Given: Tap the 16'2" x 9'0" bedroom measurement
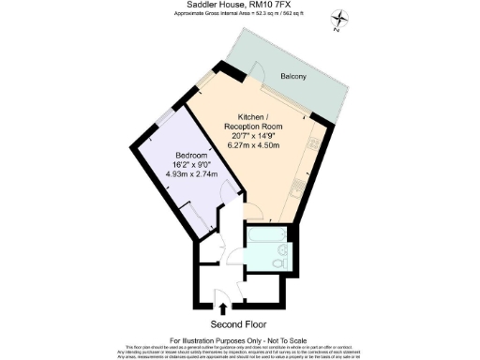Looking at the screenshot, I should pyautogui.click(x=191, y=164).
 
